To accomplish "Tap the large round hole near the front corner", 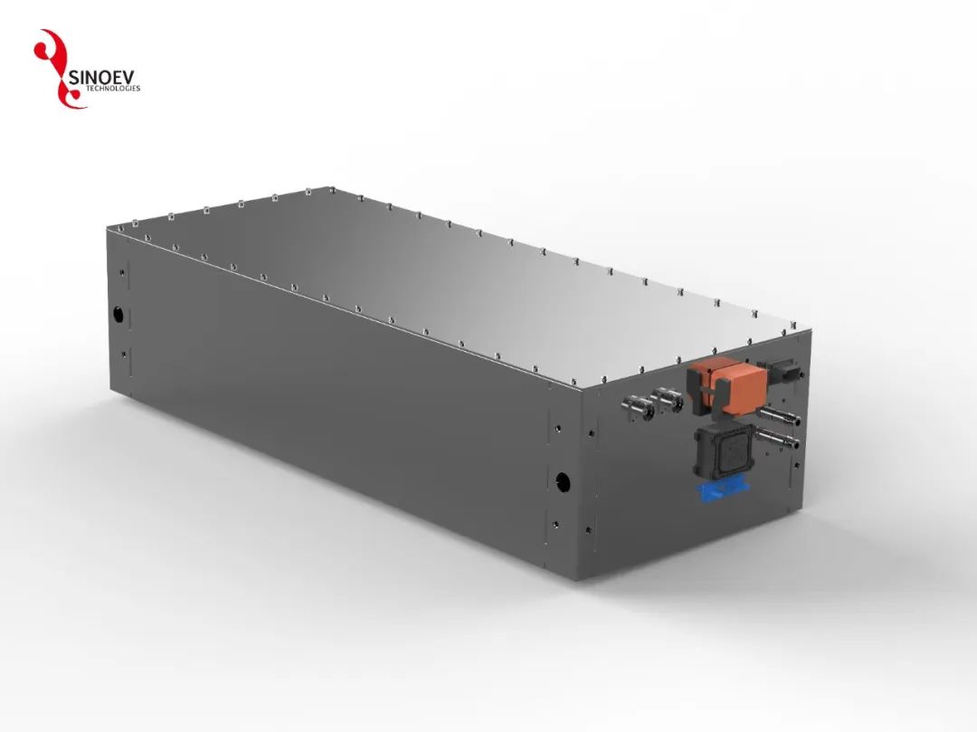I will pos(562,479).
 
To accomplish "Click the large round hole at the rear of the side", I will pos(118,315).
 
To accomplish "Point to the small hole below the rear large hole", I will pos(121,353).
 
